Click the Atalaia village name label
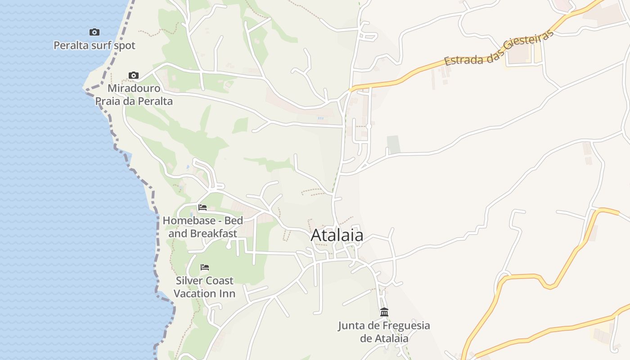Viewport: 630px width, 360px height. pos(337,235)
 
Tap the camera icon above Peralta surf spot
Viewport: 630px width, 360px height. pos(94,32)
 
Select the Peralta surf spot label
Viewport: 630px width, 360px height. pos(94,45)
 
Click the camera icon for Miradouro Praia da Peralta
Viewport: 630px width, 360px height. pos(133,75)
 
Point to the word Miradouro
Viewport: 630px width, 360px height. pos(134,88)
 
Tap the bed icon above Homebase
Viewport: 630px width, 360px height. pos(202,207)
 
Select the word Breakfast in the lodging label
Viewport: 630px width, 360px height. pos(213,234)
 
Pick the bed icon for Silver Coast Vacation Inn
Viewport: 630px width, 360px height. pos(205,267)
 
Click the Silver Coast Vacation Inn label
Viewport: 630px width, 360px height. pos(205,287)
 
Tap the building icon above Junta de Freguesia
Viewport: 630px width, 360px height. pos(384,312)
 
